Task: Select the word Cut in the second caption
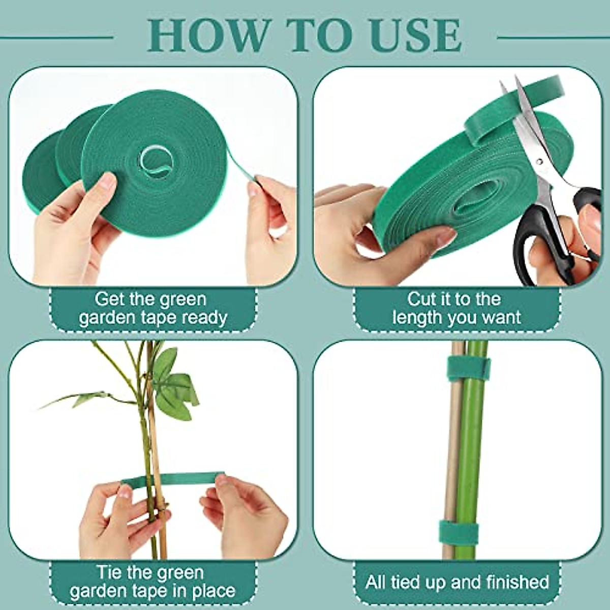[421, 299]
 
